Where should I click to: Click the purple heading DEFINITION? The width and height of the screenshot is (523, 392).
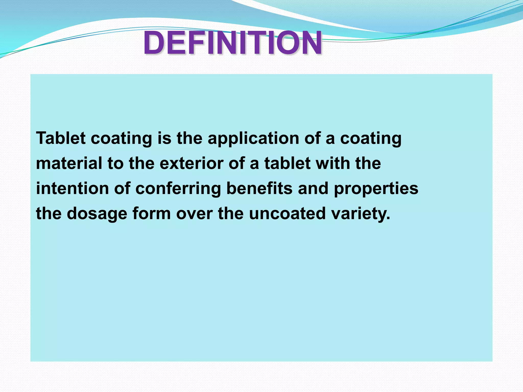click(232, 43)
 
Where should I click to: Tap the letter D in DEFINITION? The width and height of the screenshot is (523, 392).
click(154, 43)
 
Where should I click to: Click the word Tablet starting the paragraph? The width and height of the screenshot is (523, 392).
click(61, 138)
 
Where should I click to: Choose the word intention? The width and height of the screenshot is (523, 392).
click(72, 188)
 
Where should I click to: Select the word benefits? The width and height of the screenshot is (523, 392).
click(259, 188)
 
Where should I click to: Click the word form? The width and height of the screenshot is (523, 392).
click(151, 213)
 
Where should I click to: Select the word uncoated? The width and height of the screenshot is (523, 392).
click(287, 213)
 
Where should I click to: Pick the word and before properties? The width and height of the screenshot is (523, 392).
click(313, 188)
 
